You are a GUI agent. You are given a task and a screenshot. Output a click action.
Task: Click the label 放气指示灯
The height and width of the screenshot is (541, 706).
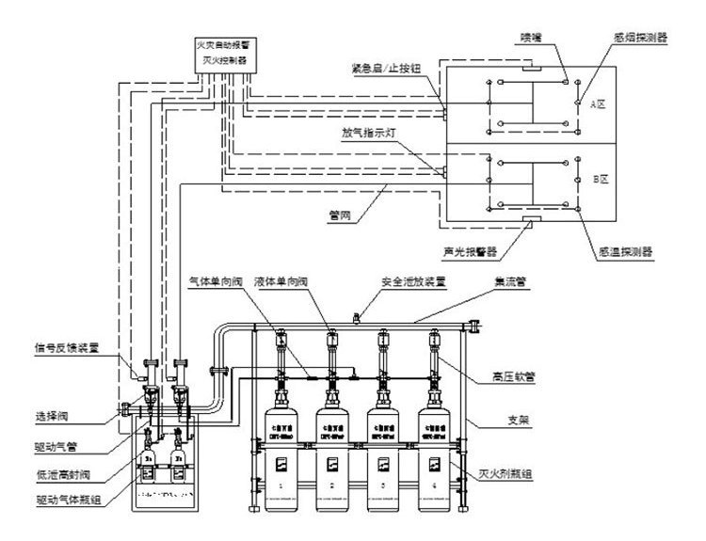370,133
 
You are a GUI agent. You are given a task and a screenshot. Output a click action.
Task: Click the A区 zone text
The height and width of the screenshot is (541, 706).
597,104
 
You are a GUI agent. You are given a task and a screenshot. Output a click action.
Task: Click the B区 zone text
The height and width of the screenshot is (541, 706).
597,175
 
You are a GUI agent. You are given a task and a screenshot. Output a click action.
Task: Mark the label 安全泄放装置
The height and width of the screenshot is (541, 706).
413,280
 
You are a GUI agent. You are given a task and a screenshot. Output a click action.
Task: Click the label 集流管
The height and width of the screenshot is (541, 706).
509,280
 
